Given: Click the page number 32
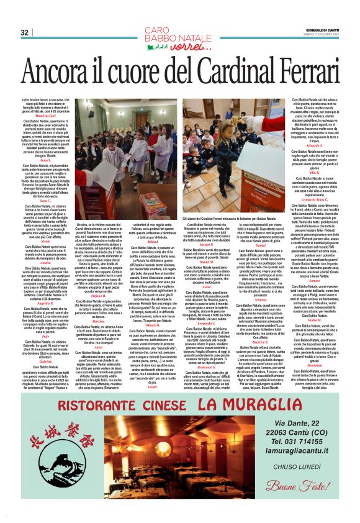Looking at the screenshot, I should [25, 32].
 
